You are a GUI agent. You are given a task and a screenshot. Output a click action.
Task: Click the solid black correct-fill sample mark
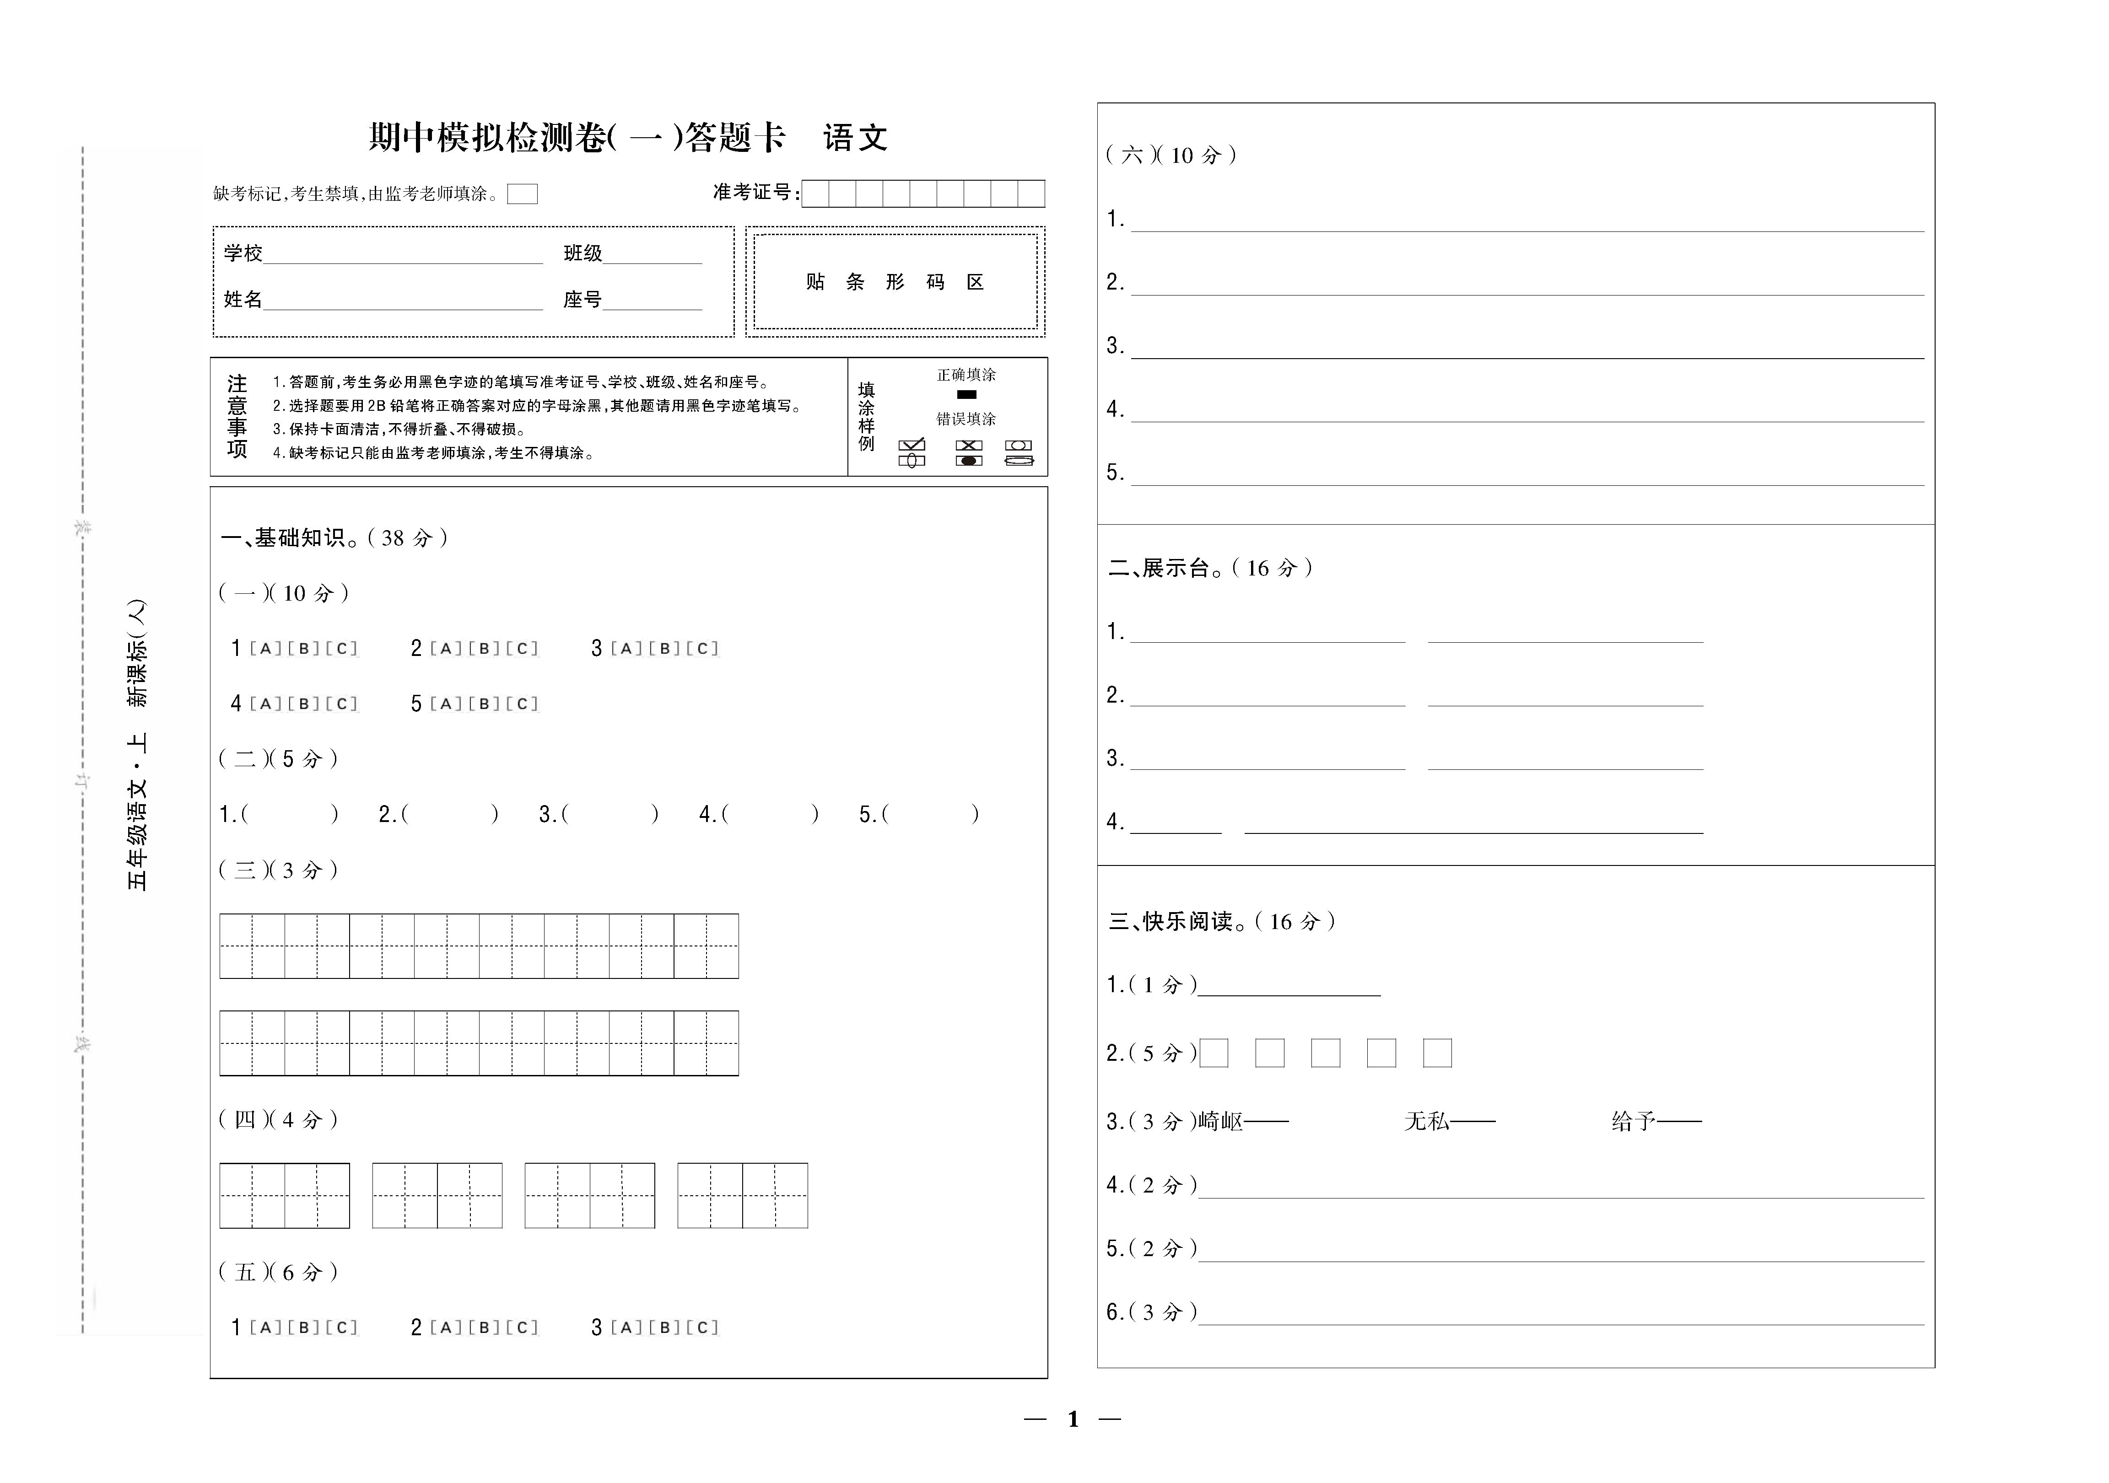pyautogui.click(x=966, y=395)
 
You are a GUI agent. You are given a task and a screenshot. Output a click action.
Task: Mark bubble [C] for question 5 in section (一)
pyautogui.click(x=522, y=704)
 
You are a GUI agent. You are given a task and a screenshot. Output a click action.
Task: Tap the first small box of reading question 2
pyautogui.click(x=1214, y=1053)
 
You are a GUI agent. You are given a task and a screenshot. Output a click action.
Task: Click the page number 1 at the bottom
pyautogui.click(x=1073, y=1419)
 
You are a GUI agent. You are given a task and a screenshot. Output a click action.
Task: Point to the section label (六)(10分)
pyautogui.click(x=1171, y=155)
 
